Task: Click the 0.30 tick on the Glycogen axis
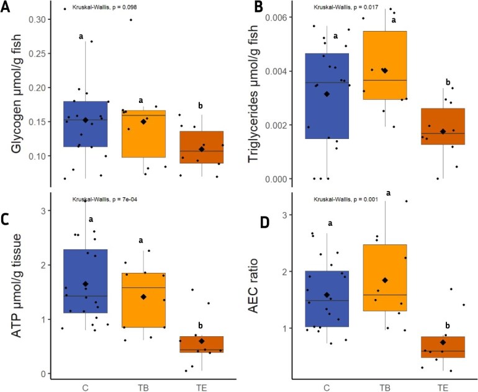click(38, 19)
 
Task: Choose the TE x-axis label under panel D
click(443, 387)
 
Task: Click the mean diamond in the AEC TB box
click(385, 281)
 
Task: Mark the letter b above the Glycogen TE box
click(200, 106)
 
